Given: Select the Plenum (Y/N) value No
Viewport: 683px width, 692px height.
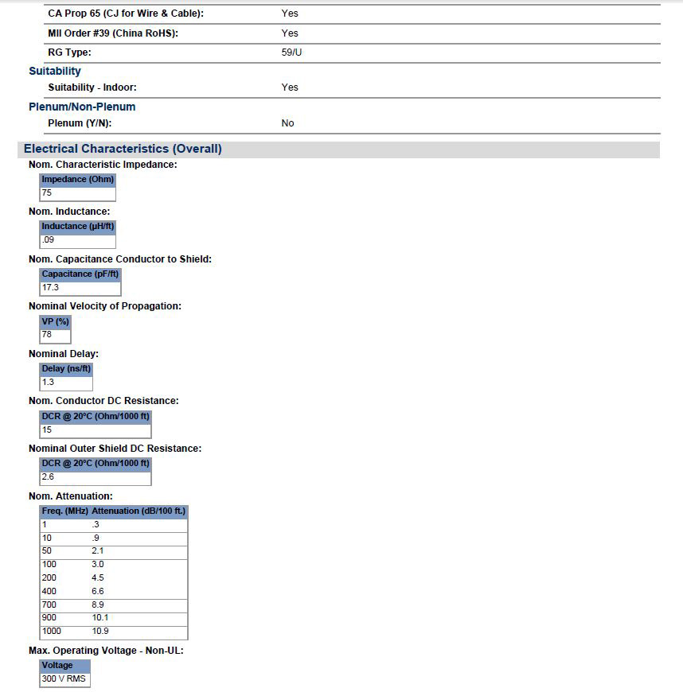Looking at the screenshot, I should pos(287,123).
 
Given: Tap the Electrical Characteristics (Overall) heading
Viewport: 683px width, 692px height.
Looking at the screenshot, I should pos(123,149).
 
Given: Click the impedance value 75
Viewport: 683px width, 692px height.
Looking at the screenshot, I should pos(47,193).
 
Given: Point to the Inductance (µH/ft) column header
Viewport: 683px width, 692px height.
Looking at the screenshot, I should pos(78,226).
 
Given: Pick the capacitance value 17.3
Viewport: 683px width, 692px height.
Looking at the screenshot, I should pos(50,287).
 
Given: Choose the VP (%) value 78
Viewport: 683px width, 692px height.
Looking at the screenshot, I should pos(47,335).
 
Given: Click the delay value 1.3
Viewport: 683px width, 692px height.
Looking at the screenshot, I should pos(48,382).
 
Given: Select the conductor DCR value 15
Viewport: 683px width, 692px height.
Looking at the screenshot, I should pos(47,430).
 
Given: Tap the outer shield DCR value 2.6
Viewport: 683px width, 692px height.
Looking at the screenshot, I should pos(48,476).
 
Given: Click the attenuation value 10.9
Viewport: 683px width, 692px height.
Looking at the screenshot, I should pos(100,632).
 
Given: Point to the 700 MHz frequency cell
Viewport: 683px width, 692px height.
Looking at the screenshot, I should pos(49,605).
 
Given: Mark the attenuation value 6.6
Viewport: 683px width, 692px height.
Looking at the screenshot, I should pos(98,591).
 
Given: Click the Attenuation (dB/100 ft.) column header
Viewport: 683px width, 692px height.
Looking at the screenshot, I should pos(139,511).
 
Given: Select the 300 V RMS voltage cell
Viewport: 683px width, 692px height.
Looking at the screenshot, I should pos(64,678).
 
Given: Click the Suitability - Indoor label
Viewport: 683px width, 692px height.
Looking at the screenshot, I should pos(98,87).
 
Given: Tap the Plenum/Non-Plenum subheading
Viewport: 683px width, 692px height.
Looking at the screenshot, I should pos(82,107).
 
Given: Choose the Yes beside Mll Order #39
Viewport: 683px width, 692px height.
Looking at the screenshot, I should pos(290,33).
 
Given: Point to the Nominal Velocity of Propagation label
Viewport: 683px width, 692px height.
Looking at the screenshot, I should pos(105,306).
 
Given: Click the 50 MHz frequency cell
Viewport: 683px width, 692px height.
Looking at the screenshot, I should pos(47,550).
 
